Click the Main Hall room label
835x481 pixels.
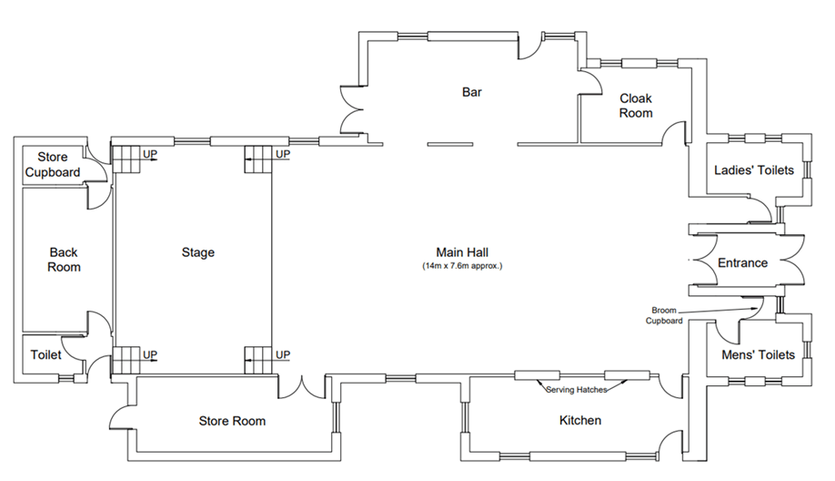pyautogui.click(x=462, y=252)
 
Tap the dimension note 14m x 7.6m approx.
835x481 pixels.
pyautogui.click(x=462, y=266)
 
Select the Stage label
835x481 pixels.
pyautogui.click(x=198, y=252)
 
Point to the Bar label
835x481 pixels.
pyautogui.click(x=472, y=92)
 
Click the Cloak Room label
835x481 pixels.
pyautogui.click(x=636, y=106)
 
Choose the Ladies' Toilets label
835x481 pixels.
pyautogui.click(x=753, y=170)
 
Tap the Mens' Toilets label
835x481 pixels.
pyautogui.click(x=758, y=354)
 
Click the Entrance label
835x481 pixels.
pyautogui.click(x=742, y=263)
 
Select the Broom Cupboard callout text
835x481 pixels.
pyautogui.click(x=664, y=315)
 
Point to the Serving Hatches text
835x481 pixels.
pyautogui.click(x=576, y=390)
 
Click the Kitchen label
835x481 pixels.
pyautogui.click(x=580, y=420)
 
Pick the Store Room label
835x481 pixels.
pyautogui.click(x=232, y=421)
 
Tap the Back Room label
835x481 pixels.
pyautogui.click(x=64, y=260)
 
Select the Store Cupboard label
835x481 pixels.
pyautogui.click(x=52, y=164)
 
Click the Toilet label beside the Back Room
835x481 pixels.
pyautogui.click(x=45, y=354)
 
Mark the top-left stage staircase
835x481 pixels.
pyautogui.click(x=126, y=159)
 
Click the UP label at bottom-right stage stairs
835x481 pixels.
pyautogui.click(x=283, y=354)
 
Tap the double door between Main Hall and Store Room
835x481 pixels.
pyautogui.click(x=301, y=386)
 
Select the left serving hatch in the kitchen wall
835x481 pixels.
pyautogui.click(x=537, y=375)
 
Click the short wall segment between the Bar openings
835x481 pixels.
pyautogui.click(x=450, y=144)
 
